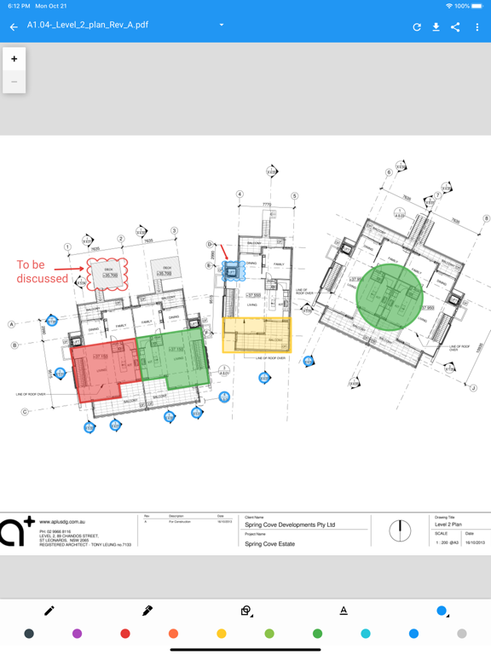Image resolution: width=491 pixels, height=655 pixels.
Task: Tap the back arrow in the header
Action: [x=14, y=27]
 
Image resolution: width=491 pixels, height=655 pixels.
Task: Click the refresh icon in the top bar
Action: [x=417, y=27]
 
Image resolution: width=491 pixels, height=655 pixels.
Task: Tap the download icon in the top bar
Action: [x=436, y=27]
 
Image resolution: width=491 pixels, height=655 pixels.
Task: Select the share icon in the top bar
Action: [x=455, y=27]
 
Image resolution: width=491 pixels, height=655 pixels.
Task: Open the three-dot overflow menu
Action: [x=477, y=27]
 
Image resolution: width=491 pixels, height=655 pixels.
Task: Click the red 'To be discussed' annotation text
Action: [x=42, y=272]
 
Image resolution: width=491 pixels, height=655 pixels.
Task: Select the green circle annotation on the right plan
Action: [x=389, y=296]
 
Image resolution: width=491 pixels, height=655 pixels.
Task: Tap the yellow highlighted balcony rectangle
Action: [x=257, y=334]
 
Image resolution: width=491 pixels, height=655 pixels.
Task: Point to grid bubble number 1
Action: [x=67, y=247]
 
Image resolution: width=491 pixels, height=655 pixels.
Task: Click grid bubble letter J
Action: [x=472, y=388]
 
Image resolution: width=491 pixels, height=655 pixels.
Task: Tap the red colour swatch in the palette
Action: [x=125, y=634]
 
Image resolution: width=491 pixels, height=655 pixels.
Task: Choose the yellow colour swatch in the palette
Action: [x=222, y=634]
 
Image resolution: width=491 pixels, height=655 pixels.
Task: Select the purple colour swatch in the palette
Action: [x=78, y=634]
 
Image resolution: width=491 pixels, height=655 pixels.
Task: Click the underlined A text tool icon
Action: [x=344, y=611]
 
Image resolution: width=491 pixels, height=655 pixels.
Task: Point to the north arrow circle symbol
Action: [x=400, y=530]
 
